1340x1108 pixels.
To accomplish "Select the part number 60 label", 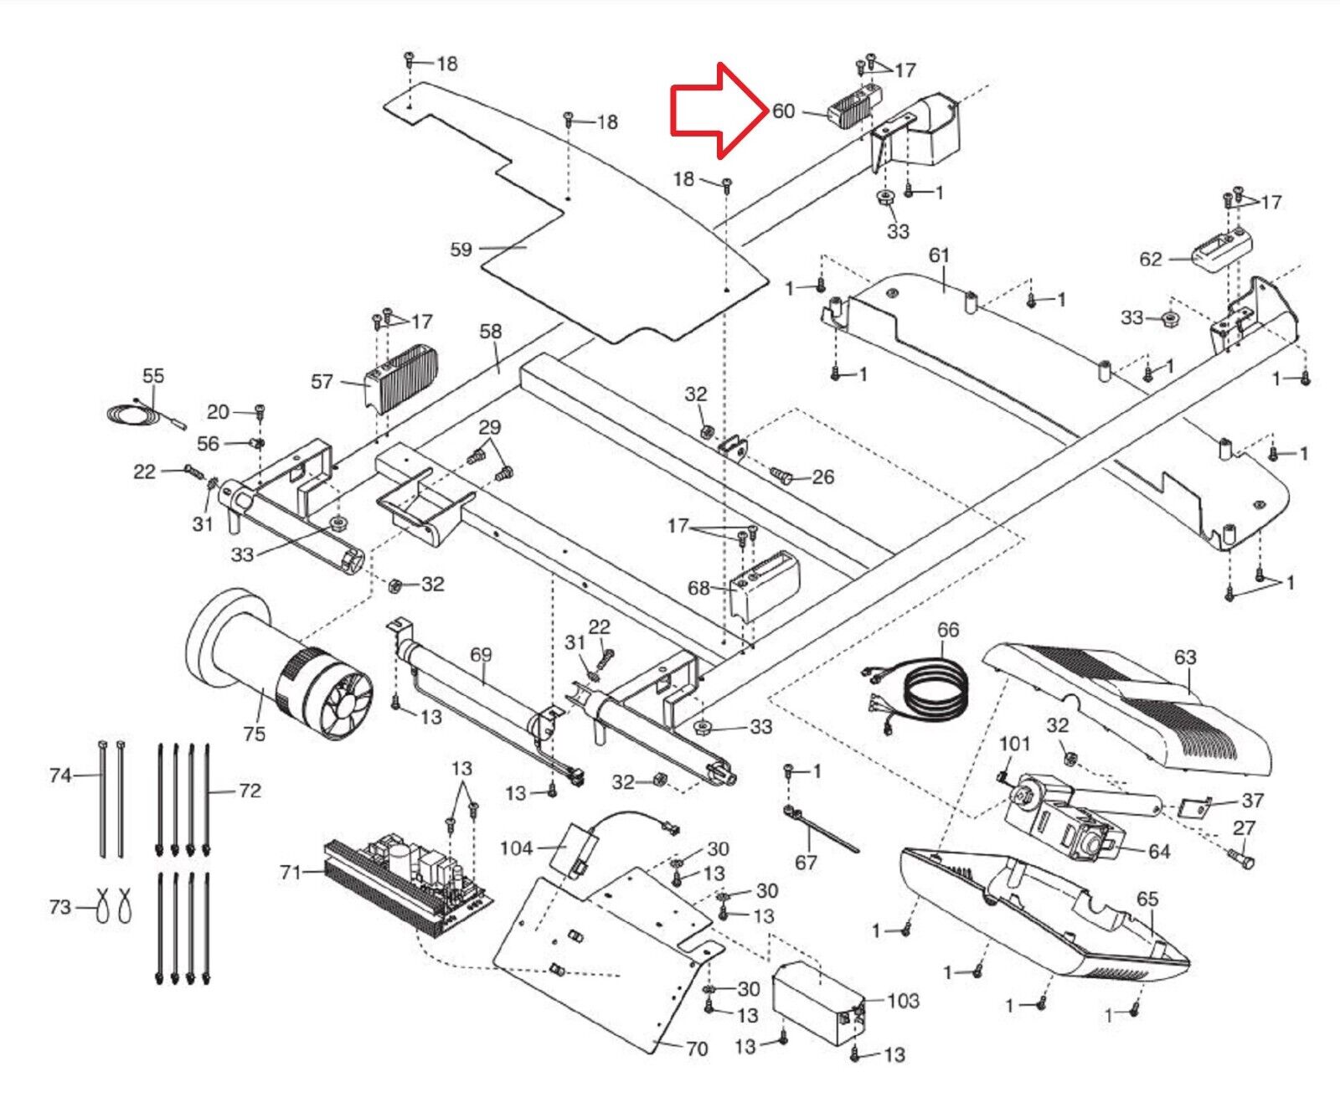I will click(783, 111).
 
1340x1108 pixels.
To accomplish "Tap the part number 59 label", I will click(461, 249).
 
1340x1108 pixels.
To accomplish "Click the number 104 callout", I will click(516, 848).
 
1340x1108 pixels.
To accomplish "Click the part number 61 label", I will click(939, 255).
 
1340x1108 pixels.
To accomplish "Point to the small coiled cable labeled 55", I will click(138, 412).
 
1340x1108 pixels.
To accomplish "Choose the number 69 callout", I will click(481, 654).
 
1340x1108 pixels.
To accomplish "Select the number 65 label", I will click(1147, 899).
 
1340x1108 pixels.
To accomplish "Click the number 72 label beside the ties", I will click(250, 791).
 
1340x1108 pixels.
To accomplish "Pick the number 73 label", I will click(60, 907).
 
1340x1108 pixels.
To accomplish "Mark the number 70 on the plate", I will click(697, 1049).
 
